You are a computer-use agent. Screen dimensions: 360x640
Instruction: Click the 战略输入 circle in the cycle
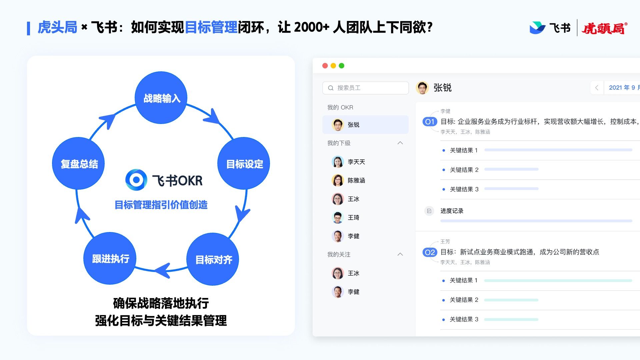[161, 98]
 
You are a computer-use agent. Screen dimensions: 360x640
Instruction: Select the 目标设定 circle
[244, 163]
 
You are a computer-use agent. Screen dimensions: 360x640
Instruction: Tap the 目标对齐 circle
[213, 259]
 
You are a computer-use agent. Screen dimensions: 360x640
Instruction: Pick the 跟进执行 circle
[110, 258]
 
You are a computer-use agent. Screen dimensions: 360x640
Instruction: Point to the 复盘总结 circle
[79, 163]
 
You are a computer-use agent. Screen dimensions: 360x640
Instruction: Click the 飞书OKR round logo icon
[136, 180]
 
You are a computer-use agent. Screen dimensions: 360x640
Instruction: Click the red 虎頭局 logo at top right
[604, 28]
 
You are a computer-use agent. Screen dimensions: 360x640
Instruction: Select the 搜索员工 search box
[365, 88]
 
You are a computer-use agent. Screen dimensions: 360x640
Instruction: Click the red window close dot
[325, 66]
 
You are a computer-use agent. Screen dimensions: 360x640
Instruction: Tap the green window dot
[341, 66]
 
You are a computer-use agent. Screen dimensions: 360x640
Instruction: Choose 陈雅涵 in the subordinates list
[356, 180]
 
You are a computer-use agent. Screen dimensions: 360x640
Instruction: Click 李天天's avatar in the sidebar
[338, 162]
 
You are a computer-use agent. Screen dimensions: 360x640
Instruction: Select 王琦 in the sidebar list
[353, 217]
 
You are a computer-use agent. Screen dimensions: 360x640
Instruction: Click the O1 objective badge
[430, 122]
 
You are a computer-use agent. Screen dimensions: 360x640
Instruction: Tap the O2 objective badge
[430, 252]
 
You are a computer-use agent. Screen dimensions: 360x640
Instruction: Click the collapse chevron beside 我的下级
[400, 143]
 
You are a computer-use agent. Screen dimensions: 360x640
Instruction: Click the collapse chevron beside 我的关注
[400, 254]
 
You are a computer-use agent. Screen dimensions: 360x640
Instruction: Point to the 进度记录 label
[452, 211]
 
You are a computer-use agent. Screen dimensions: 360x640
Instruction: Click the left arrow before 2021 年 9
[597, 88]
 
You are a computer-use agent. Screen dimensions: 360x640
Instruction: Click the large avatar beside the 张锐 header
[422, 88]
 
